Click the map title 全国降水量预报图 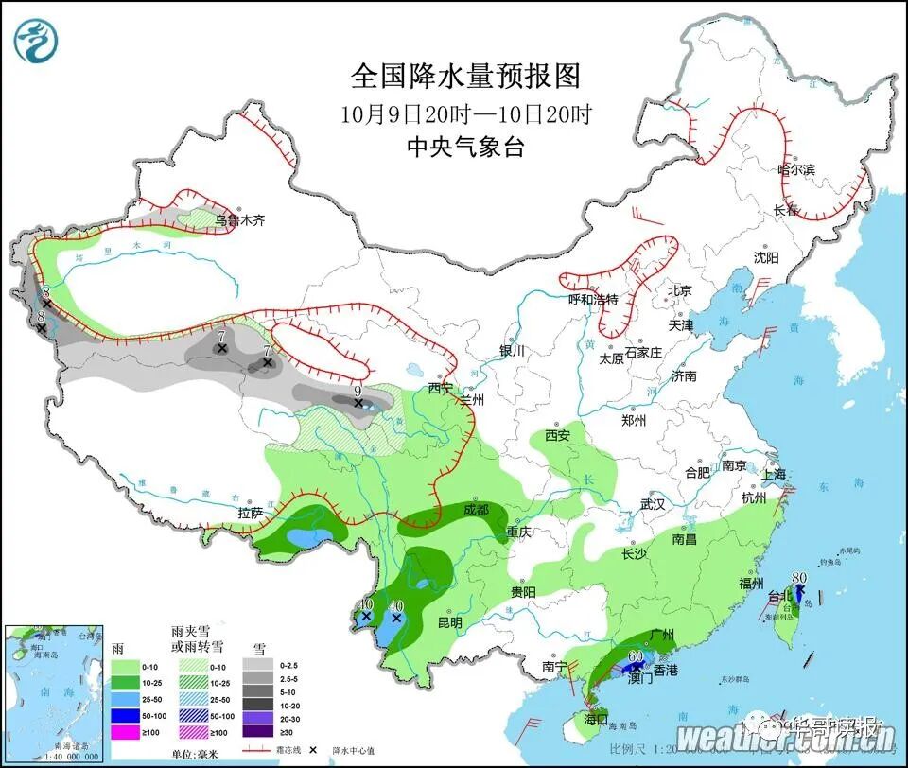[x=464, y=76]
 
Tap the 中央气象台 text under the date [x=464, y=147]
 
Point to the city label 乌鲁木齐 [x=239, y=220]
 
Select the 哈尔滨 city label [x=795, y=169]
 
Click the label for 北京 [x=680, y=290]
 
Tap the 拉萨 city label [x=251, y=513]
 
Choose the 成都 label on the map [x=476, y=509]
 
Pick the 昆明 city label [x=449, y=622]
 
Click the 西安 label [x=556, y=435]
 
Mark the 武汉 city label [x=653, y=504]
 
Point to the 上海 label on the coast [x=775, y=475]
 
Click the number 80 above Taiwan [x=798, y=579]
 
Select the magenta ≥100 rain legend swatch [x=126, y=731]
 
